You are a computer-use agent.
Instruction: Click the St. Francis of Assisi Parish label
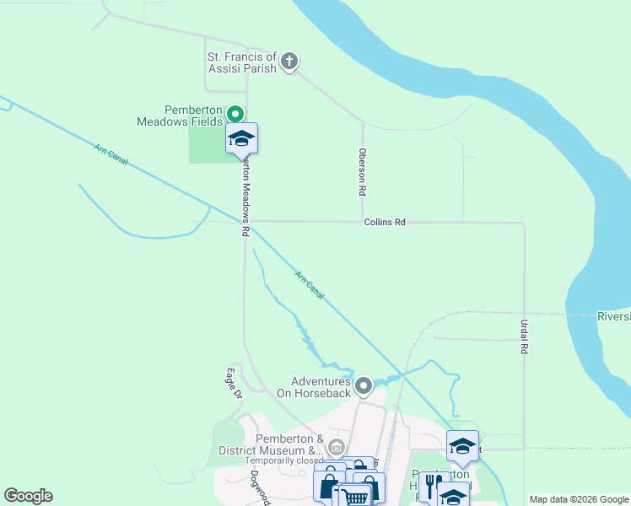point(241,62)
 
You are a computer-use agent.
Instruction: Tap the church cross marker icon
point(289,61)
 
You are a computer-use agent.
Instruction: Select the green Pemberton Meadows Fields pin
point(236,114)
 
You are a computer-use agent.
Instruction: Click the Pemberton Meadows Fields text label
point(181,116)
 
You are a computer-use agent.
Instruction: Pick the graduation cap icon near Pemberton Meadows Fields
point(241,138)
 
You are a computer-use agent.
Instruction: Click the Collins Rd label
point(385,222)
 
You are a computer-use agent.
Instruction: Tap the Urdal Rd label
point(524,336)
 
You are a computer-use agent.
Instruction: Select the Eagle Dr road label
point(234,383)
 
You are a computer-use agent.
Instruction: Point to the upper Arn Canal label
point(111,155)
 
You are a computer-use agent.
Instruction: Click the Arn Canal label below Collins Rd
point(310,285)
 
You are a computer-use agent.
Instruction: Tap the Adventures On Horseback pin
point(364,386)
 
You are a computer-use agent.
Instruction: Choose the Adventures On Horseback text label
point(320,387)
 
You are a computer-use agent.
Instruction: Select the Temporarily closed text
point(284,461)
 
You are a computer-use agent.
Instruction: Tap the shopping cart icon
point(356,497)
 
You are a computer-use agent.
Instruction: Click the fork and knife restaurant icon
point(432,487)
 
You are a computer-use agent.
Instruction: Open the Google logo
point(28,497)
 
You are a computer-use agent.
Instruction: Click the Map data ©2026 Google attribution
point(578,499)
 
